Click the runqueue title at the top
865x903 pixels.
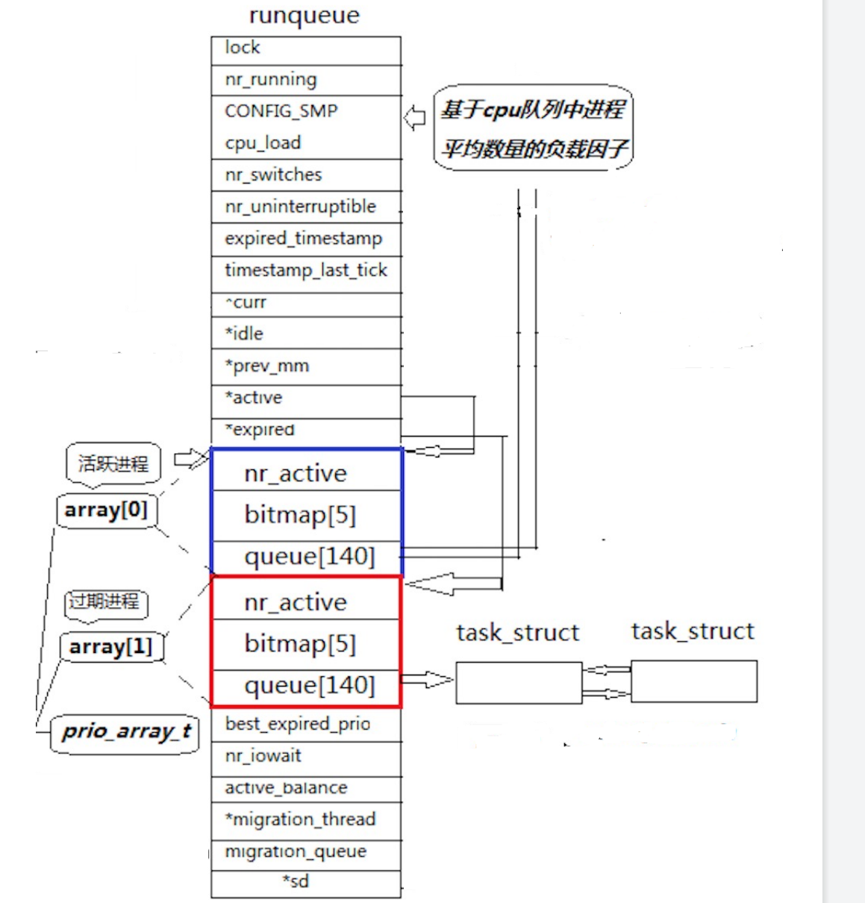coord(304,16)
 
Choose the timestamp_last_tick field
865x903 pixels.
coord(306,270)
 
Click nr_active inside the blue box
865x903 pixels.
coord(296,473)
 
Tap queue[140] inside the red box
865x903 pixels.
coord(309,685)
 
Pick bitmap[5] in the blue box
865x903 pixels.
coord(300,515)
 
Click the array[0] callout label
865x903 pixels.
coord(106,510)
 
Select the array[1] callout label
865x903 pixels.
coord(110,646)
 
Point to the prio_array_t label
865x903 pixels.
coord(126,731)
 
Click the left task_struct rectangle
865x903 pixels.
coord(518,682)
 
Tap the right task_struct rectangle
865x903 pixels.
coord(693,681)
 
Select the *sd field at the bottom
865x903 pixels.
coord(296,881)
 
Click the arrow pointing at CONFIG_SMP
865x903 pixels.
coord(415,118)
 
